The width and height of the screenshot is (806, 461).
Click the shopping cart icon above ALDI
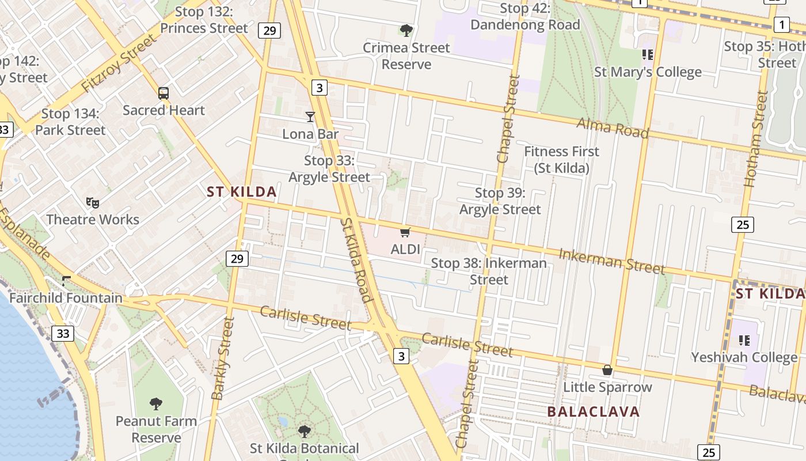(x=405, y=233)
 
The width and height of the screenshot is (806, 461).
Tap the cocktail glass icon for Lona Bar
(x=310, y=117)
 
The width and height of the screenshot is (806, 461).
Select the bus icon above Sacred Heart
(x=164, y=93)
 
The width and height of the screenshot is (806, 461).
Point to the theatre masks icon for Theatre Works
(x=92, y=202)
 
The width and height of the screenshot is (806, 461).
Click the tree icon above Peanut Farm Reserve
(x=155, y=403)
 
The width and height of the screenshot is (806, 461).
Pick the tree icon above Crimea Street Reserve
(x=406, y=30)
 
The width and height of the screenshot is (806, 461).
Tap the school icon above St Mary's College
(x=648, y=55)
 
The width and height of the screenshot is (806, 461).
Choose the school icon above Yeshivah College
(x=744, y=340)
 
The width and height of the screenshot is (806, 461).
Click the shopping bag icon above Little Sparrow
(x=607, y=370)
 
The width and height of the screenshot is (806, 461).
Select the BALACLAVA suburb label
(x=594, y=411)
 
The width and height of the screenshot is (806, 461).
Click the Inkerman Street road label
(x=611, y=261)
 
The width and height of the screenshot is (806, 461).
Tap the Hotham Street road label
(x=757, y=139)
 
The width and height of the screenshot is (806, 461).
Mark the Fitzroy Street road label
(x=119, y=63)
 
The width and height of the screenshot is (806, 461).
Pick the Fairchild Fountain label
(x=66, y=298)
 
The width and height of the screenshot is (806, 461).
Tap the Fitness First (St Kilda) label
(x=561, y=160)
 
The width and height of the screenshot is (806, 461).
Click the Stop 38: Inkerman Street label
(x=489, y=271)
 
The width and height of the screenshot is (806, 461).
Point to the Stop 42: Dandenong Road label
(x=525, y=17)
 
